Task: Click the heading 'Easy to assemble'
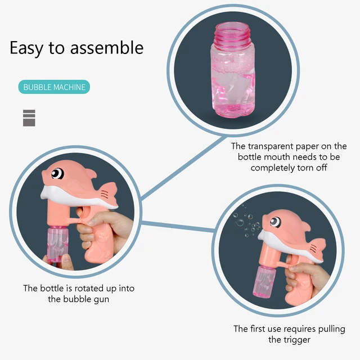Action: coord(76,48)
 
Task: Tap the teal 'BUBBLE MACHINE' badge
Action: coord(54,87)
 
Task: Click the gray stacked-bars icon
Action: coord(29,118)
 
